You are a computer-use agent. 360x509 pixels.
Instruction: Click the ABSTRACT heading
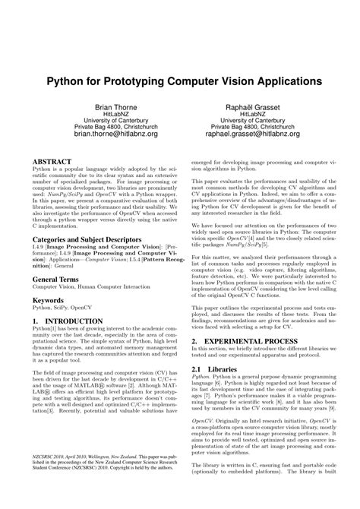(x=51, y=161)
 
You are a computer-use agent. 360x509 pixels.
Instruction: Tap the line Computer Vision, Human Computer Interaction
(x=91, y=288)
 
